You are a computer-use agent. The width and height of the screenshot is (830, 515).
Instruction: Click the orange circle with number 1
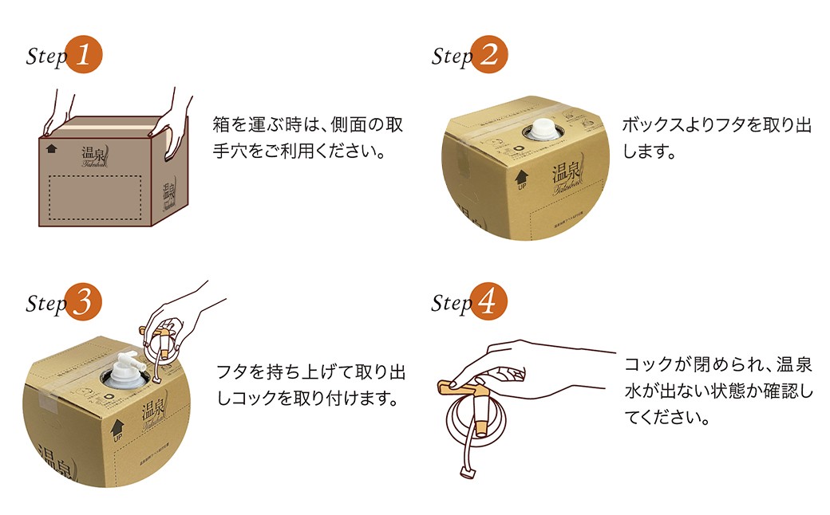[x=85, y=55]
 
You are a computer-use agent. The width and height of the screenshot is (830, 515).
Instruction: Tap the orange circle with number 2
[x=489, y=55]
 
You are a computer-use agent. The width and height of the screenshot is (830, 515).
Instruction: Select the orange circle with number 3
[x=85, y=302]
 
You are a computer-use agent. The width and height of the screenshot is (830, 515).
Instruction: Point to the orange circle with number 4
[x=489, y=302]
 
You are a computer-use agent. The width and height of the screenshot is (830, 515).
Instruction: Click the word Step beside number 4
[x=452, y=304]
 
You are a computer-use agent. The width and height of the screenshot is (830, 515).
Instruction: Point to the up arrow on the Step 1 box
[x=52, y=147]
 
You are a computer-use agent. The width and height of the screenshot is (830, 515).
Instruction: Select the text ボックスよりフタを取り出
[x=716, y=126]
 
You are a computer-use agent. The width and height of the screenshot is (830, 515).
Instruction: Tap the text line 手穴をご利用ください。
[x=299, y=151]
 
